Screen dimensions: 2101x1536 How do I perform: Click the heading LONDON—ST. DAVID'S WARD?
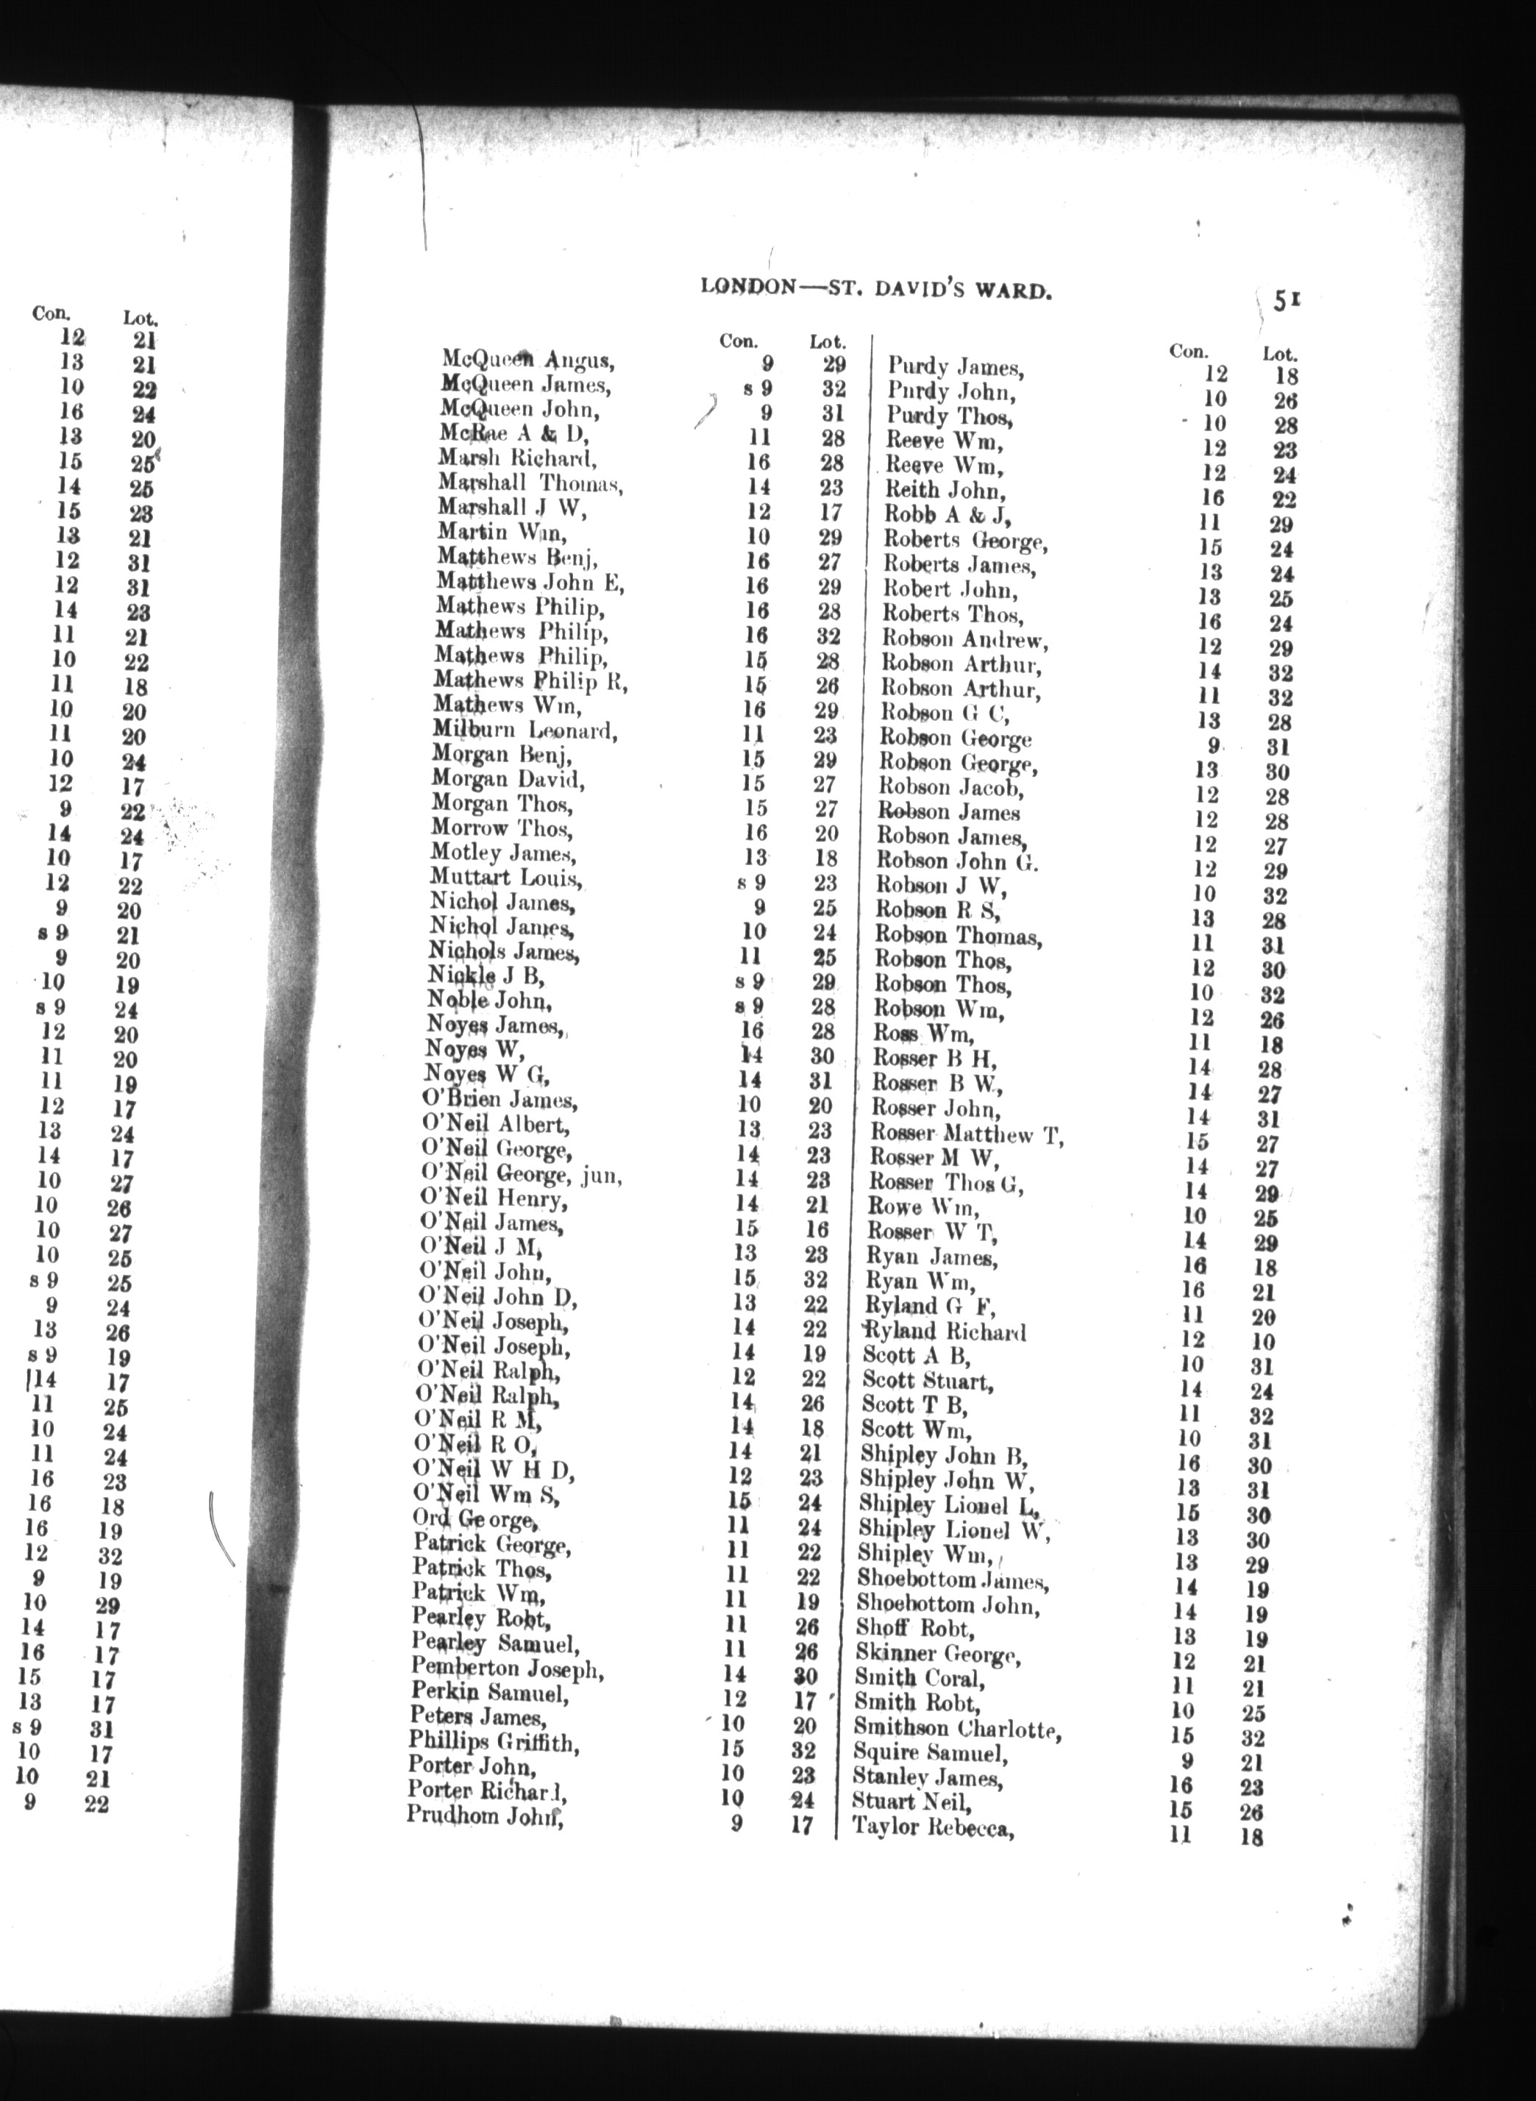(x=876, y=289)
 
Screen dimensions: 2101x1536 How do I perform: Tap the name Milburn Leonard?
(x=525, y=730)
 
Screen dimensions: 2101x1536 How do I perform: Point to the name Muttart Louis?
(x=507, y=878)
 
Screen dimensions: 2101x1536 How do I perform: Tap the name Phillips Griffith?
(x=494, y=1744)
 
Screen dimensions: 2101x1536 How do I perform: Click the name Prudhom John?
(x=486, y=1816)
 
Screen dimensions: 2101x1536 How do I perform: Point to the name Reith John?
(x=944, y=490)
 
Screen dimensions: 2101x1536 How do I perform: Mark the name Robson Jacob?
(x=951, y=789)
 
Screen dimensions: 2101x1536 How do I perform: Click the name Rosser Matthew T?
(x=966, y=1134)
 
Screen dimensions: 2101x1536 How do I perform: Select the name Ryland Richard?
(x=945, y=1332)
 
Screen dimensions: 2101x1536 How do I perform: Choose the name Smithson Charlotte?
(x=958, y=1730)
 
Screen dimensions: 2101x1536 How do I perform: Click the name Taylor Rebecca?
(x=933, y=1829)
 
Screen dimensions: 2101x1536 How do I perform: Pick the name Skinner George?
(x=938, y=1654)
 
